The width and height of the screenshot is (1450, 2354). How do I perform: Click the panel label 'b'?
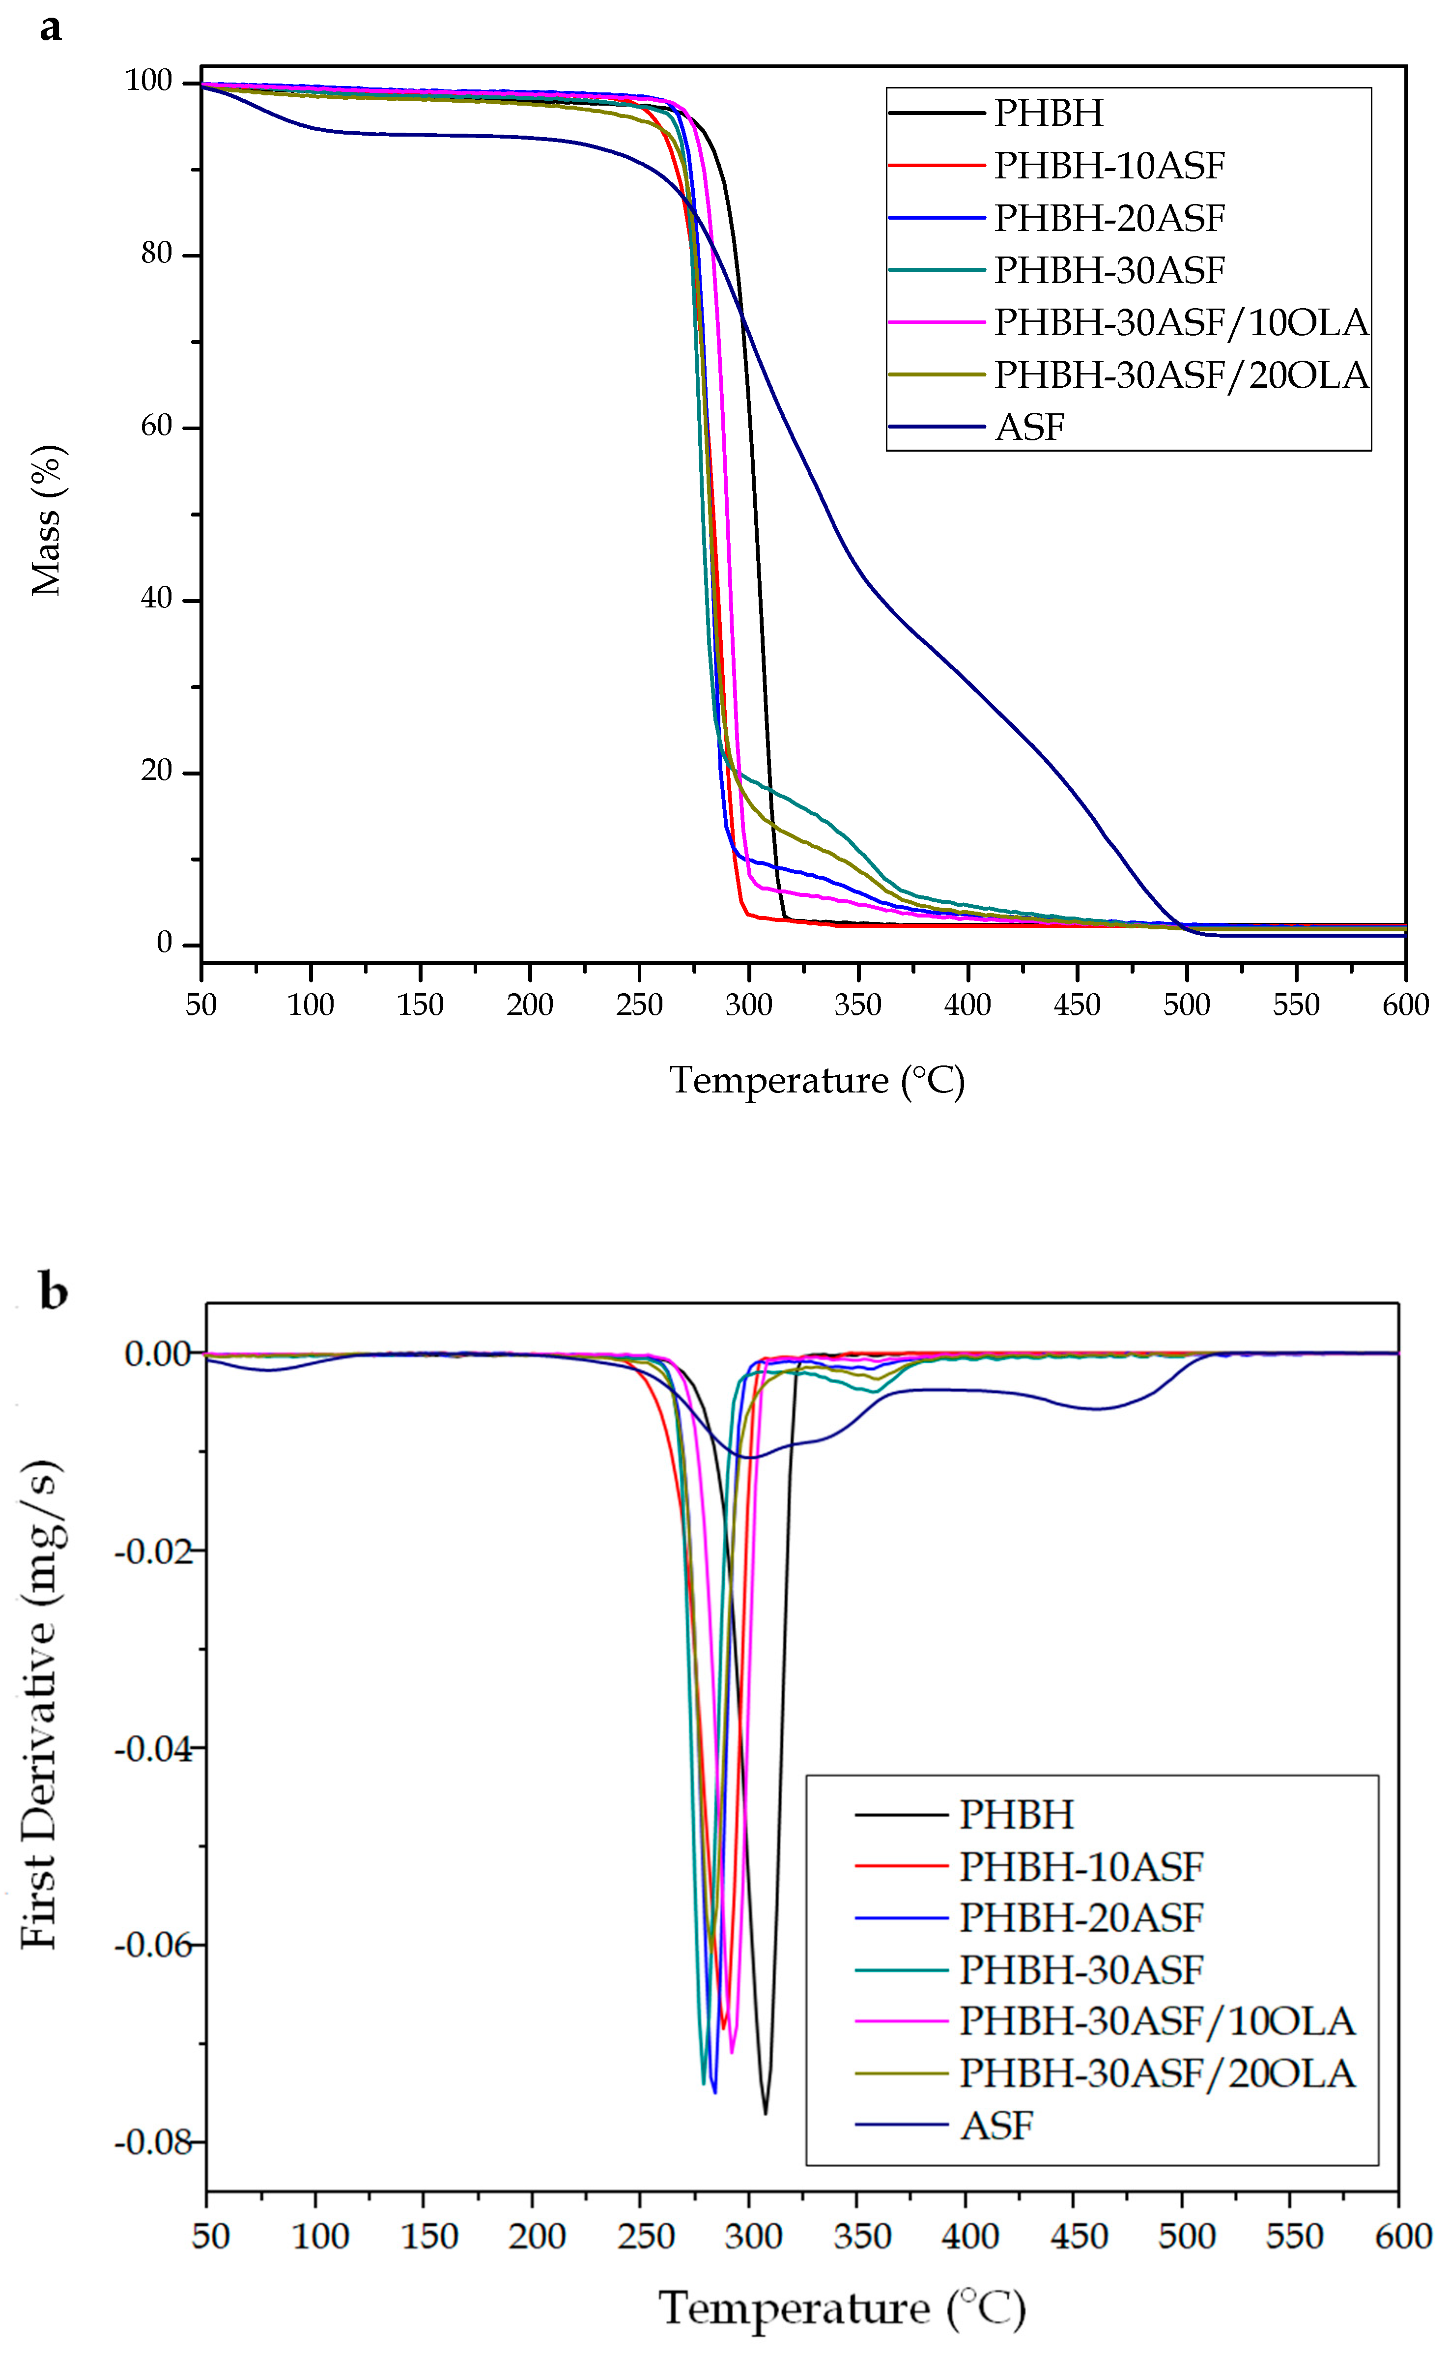pyautogui.click(x=53, y=1292)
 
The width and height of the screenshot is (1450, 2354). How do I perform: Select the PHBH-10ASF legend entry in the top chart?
pyautogui.click(x=1109, y=166)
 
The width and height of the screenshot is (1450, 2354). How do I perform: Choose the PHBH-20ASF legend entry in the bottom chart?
pyautogui.click(x=1081, y=1918)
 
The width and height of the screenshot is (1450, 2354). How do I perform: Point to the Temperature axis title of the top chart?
pyautogui.click(x=816, y=1081)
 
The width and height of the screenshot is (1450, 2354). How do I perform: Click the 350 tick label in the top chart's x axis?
pyautogui.click(x=857, y=1005)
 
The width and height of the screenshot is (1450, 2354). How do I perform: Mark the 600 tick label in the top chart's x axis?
pyautogui.click(x=1405, y=1005)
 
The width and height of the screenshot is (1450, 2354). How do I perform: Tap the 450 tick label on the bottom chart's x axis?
pyautogui.click(x=1079, y=2236)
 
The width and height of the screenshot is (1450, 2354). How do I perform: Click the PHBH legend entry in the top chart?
pyautogui.click(x=1048, y=113)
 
